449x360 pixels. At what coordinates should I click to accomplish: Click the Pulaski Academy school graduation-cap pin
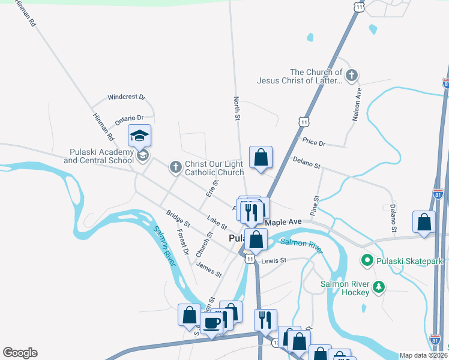click(139, 136)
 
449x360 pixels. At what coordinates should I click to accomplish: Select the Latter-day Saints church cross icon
click(352, 76)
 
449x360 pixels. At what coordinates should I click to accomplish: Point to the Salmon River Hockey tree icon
click(378, 287)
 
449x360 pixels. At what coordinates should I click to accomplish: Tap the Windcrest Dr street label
click(126, 97)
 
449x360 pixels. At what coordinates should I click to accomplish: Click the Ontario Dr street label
click(129, 119)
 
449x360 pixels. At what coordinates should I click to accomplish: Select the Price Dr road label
click(313, 142)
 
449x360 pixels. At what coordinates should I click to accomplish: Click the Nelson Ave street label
click(358, 106)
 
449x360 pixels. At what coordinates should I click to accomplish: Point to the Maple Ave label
click(283, 222)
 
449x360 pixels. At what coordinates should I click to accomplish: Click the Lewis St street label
click(274, 260)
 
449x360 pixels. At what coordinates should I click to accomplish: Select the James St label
click(209, 269)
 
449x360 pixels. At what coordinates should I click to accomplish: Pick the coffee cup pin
click(211, 323)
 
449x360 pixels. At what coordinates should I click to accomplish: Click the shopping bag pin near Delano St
click(261, 158)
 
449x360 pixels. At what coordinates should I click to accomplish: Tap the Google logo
click(20, 353)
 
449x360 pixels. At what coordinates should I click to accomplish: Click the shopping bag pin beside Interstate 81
click(424, 222)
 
